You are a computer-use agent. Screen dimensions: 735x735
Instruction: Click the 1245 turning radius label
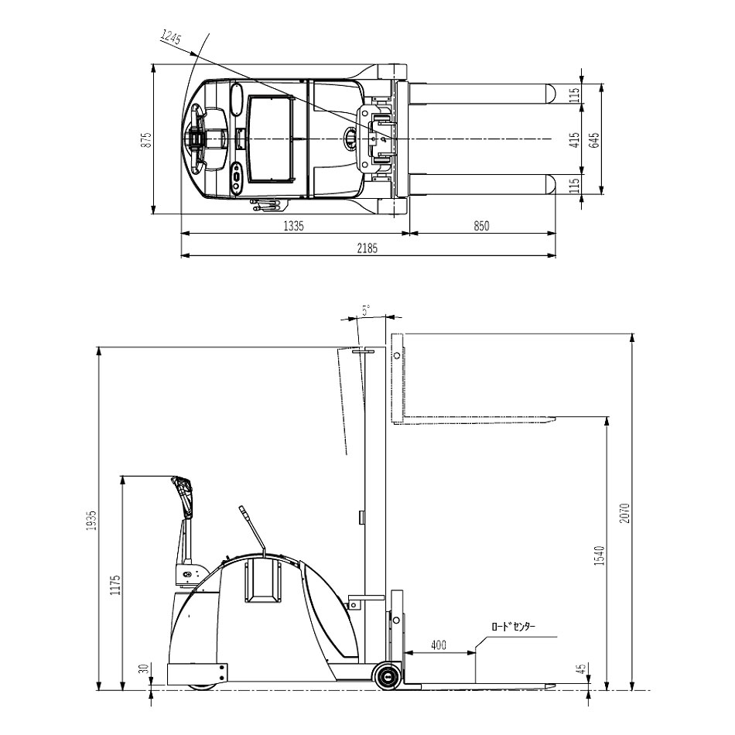point(171,36)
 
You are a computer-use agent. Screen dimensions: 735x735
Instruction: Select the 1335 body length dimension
point(294,226)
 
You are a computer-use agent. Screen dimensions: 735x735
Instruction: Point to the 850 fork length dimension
point(481,226)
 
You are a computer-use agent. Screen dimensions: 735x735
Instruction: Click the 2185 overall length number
point(367,248)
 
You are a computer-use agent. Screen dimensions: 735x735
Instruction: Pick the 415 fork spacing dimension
point(575,140)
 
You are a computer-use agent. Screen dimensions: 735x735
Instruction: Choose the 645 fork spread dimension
point(594,140)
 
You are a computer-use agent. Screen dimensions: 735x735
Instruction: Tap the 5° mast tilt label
point(366,309)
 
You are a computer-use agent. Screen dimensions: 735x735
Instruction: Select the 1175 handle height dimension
point(116,585)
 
